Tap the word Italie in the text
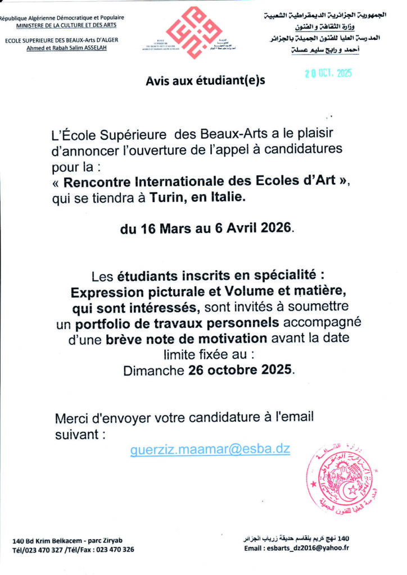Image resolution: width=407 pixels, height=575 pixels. pos(228,198)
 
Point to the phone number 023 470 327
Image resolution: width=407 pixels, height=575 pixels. pos(48,550)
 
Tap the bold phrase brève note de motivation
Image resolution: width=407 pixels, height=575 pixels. pos(186,339)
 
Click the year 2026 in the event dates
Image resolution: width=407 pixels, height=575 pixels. pos(275,229)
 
